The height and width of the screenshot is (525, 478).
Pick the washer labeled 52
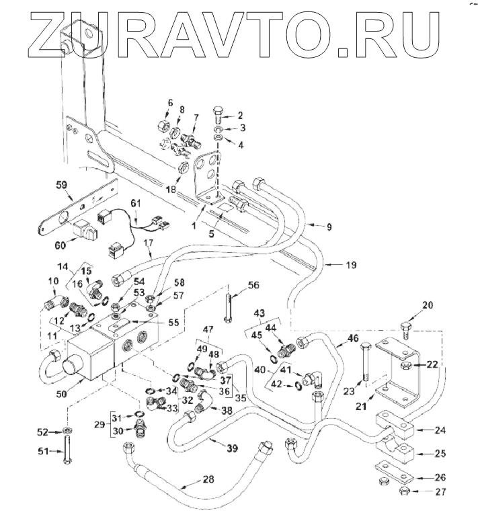coord(69,430)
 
